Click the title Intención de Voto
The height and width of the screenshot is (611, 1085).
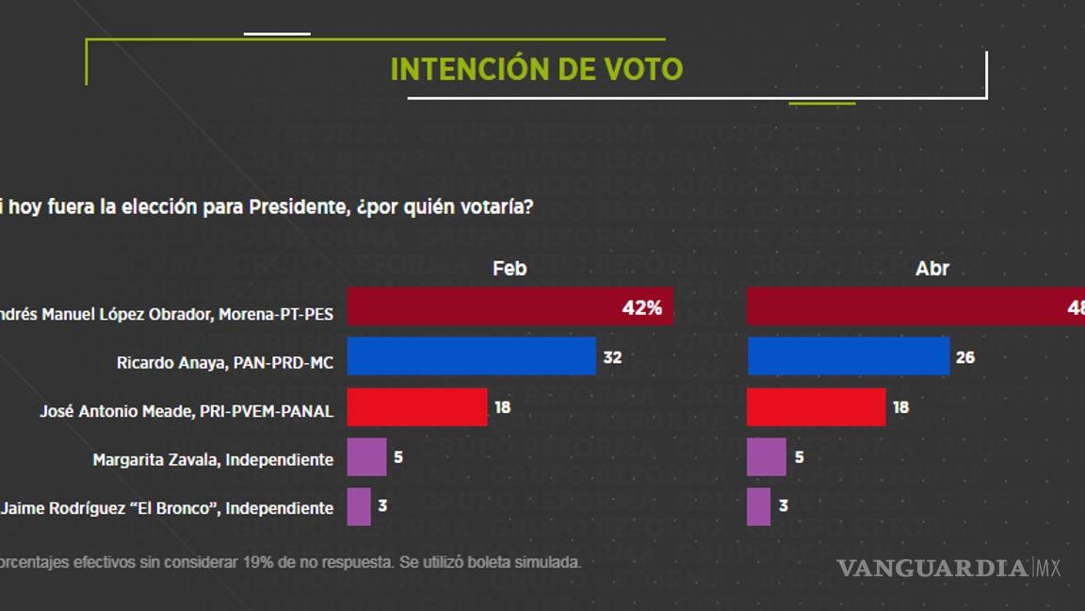point(536,70)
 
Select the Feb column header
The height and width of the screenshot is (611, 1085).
point(510,269)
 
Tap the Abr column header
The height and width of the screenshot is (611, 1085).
point(932,269)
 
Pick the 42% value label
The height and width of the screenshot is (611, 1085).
point(642,308)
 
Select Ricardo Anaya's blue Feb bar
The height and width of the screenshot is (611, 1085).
point(471,356)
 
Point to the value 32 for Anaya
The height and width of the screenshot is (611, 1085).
point(612,357)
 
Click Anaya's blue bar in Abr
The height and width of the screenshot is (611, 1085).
point(848,356)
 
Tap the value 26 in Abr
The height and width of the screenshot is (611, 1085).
point(965,357)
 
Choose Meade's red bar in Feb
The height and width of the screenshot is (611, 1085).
point(417,407)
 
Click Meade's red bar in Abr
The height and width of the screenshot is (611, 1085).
point(816,407)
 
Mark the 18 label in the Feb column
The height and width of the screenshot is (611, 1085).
point(503,407)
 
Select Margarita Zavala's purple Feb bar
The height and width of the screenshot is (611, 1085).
point(366,457)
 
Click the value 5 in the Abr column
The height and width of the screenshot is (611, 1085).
point(800,457)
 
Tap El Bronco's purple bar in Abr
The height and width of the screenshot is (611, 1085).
point(758,506)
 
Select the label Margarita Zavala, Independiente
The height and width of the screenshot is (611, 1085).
point(213,460)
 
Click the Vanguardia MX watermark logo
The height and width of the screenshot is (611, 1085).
point(948,568)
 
